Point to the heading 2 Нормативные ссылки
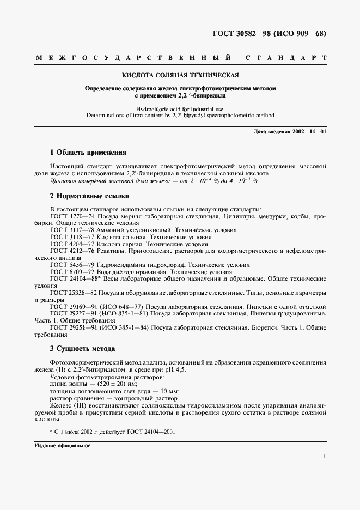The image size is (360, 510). pos(89,196)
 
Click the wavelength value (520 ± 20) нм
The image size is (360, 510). pos(118,384)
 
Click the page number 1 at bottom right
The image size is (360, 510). pos(325,456)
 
